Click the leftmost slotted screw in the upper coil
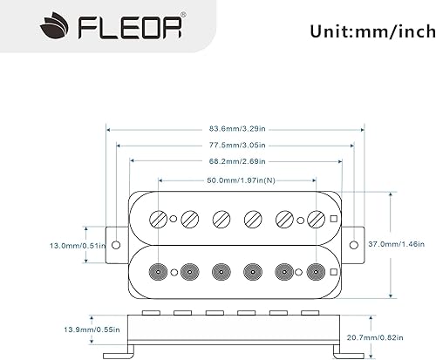(x=159, y=219)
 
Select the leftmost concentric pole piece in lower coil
(x=159, y=270)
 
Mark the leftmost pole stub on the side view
(x=149, y=311)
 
